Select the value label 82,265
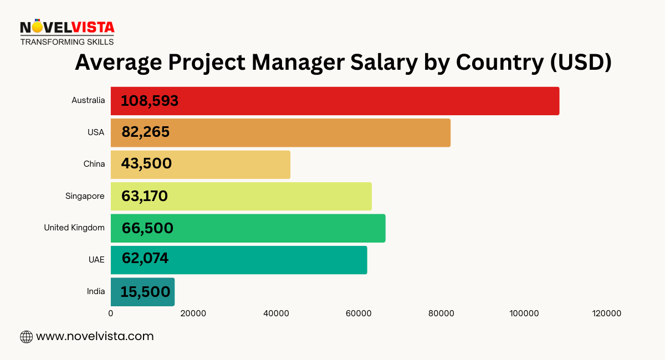coord(145,132)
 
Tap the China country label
coord(94,164)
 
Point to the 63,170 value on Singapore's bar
coord(144,196)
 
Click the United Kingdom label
coord(74,228)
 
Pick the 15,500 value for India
coord(145,292)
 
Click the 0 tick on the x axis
coord(111,313)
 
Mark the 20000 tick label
coord(193,313)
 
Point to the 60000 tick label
coord(359,313)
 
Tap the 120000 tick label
coord(606,313)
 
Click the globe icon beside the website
coord(26,336)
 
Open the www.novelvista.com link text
coord(95,336)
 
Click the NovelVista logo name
coord(67,27)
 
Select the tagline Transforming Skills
coord(67,42)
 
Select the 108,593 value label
coord(150,101)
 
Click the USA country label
coord(96,132)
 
